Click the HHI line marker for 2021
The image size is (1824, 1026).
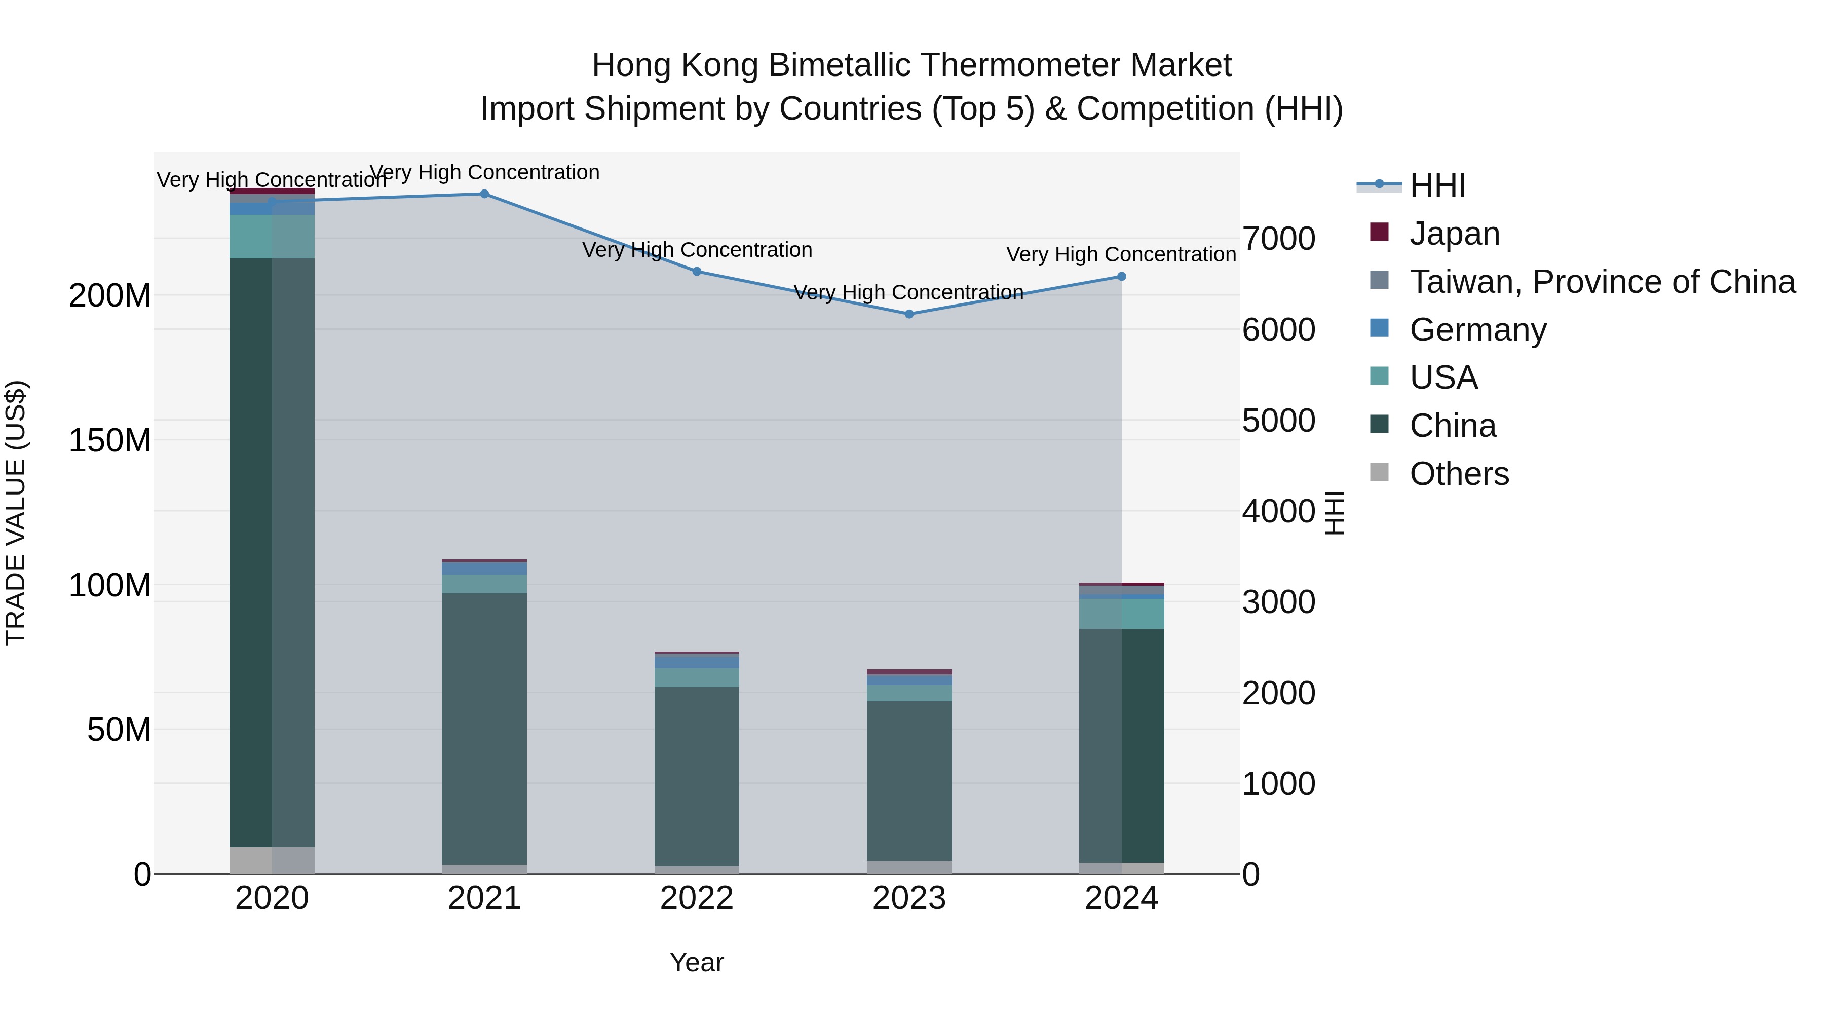tap(484, 194)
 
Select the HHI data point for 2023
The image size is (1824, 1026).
tap(909, 314)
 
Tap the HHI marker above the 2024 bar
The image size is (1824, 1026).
tap(1122, 276)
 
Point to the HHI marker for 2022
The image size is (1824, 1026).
tap(697, 271)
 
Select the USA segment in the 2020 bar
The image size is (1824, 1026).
tap(272, 237)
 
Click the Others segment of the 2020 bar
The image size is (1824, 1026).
tap(272, 860)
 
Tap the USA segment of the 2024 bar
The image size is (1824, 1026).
tap(1122, 613)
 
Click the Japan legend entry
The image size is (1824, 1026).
tap(1454, 233)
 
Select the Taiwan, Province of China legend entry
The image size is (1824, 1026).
tap(1602, 281)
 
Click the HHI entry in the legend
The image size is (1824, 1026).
tap(1437, 185)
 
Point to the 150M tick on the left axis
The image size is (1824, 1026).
tap(110, 440)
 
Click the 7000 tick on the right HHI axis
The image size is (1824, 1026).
tap(1279, 239)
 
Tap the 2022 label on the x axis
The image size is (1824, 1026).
tap(697, 898)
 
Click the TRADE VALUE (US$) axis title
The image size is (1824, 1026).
tap(16, 513)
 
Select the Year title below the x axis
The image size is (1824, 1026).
tap(697, 962)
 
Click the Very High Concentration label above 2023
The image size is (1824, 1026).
tap(908, 292)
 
